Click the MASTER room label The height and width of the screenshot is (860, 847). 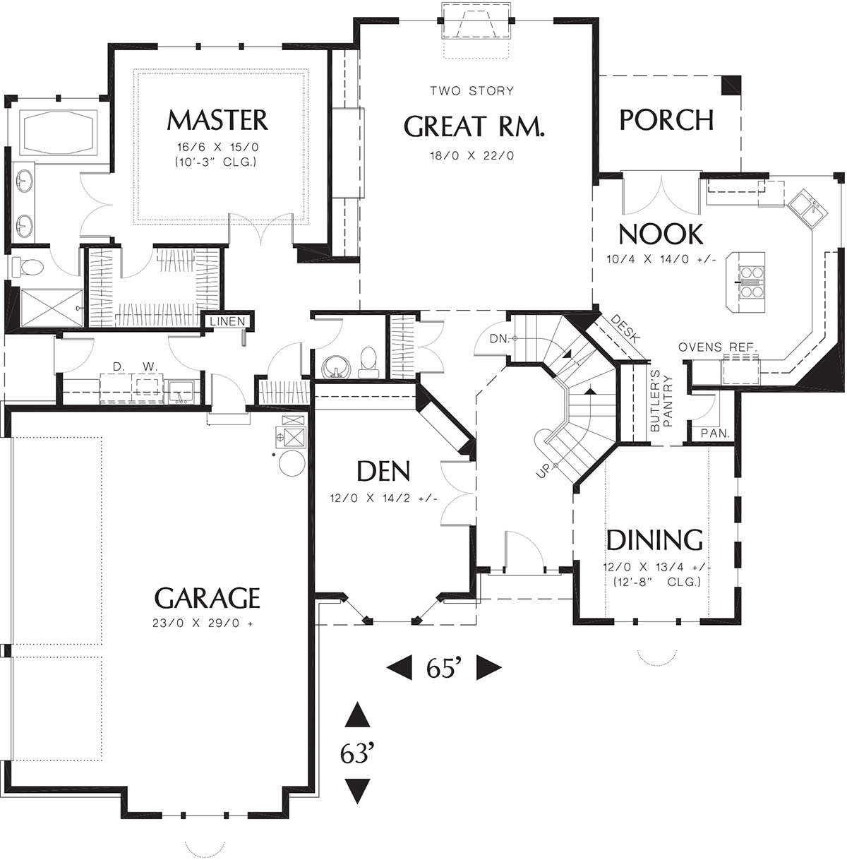tap(217, 120)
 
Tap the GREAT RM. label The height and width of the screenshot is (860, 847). tap(474, 126)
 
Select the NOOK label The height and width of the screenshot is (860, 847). tap(661, 234)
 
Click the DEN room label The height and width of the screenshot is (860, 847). tap(383, 471)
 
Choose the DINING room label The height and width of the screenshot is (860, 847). tap(655, 539)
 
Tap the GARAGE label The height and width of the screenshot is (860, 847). tap(207, 598)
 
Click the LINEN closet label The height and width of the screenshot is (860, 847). tap(227, 321)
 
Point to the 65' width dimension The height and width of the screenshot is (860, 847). tap(443, 668)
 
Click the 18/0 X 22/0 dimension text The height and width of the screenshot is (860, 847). tap(472, 156)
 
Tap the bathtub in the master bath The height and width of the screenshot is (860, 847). tap(59, 131)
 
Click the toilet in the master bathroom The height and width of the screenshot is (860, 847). tap(27, 267)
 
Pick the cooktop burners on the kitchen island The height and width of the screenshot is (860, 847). tap(752, 282)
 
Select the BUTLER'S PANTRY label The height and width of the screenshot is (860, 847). tap(661, 403)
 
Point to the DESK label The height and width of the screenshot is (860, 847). tap(625, 328)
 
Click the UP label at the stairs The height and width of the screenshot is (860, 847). tap(543, 471)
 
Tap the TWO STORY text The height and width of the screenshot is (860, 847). tap(471, 91)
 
